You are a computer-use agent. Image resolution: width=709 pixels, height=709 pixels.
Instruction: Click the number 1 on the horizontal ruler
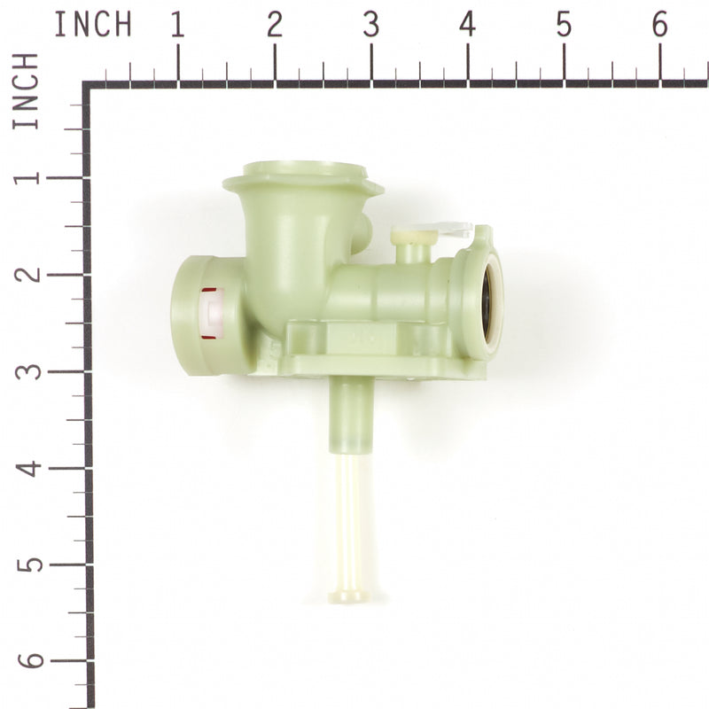point(177,26)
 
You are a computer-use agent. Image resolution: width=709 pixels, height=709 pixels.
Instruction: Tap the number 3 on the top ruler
point(370,26)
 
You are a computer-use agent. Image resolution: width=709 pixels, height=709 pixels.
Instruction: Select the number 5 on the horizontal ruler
point(564,26)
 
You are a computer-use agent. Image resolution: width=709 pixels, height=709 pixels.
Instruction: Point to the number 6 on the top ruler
point(660,26)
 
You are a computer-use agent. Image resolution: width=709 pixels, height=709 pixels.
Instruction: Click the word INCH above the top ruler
point(92,25)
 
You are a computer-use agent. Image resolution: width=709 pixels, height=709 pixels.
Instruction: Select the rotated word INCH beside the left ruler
point(27,91)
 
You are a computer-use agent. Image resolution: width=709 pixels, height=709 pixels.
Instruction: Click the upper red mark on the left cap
point(209,290)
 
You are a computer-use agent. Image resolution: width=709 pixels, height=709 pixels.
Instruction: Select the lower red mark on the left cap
point(209,336)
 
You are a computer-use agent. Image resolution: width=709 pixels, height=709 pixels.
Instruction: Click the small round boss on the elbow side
point(361,232)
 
